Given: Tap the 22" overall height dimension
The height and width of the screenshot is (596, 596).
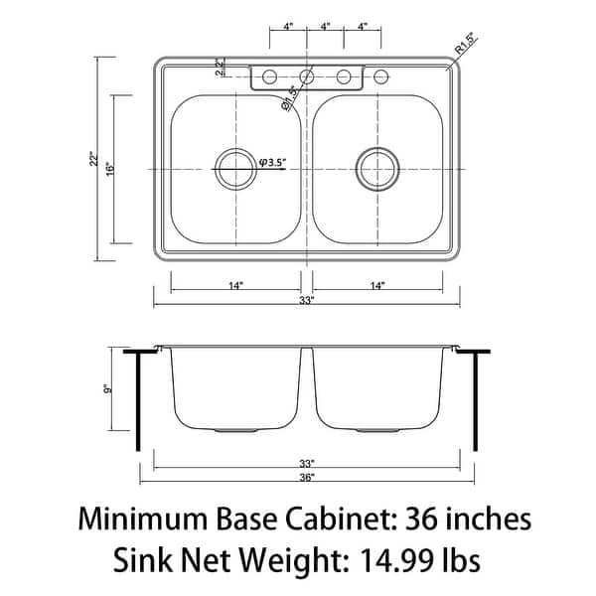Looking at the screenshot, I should tap(91, 159).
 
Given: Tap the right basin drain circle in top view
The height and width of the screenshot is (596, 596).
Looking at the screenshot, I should tap(377, 169).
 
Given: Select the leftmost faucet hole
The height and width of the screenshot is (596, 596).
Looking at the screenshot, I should tap(269, 75).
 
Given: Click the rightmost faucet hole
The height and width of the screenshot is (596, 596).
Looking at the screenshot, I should tap(381, 75).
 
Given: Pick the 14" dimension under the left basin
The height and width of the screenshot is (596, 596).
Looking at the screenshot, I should tap(235, 285).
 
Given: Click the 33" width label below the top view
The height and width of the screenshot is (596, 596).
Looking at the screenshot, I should tap(307, 300).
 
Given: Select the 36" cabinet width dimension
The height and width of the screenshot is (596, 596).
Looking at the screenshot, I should tap(307, 478).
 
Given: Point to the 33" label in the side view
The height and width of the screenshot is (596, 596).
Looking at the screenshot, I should tap(307, 463).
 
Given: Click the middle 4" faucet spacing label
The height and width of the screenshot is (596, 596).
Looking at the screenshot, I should tap(326, 28).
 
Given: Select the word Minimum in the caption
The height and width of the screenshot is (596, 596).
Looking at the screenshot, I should tap(144, 520).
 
